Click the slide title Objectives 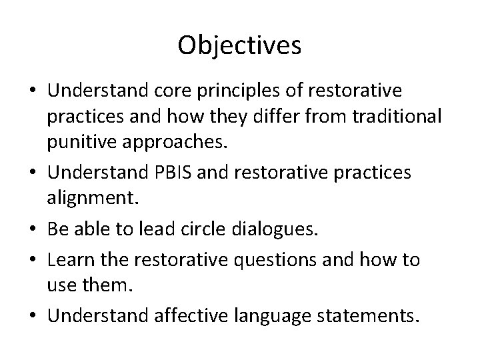pos(240,45)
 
